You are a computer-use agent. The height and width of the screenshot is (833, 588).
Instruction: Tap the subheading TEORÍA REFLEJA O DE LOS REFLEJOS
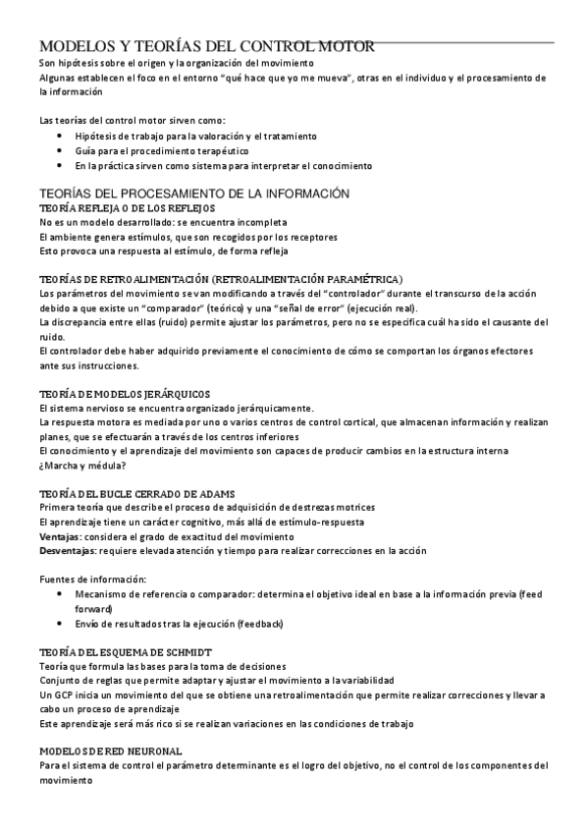(x=126, y=209)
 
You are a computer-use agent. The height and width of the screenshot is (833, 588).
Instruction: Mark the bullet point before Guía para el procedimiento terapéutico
(x=61, y=151)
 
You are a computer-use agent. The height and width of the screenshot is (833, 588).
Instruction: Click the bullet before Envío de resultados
(x=61, y=623)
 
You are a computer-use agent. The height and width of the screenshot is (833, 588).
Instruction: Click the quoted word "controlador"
(x=352, y=293)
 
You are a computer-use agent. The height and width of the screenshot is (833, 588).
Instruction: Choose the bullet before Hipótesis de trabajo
(x=61, y=137)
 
